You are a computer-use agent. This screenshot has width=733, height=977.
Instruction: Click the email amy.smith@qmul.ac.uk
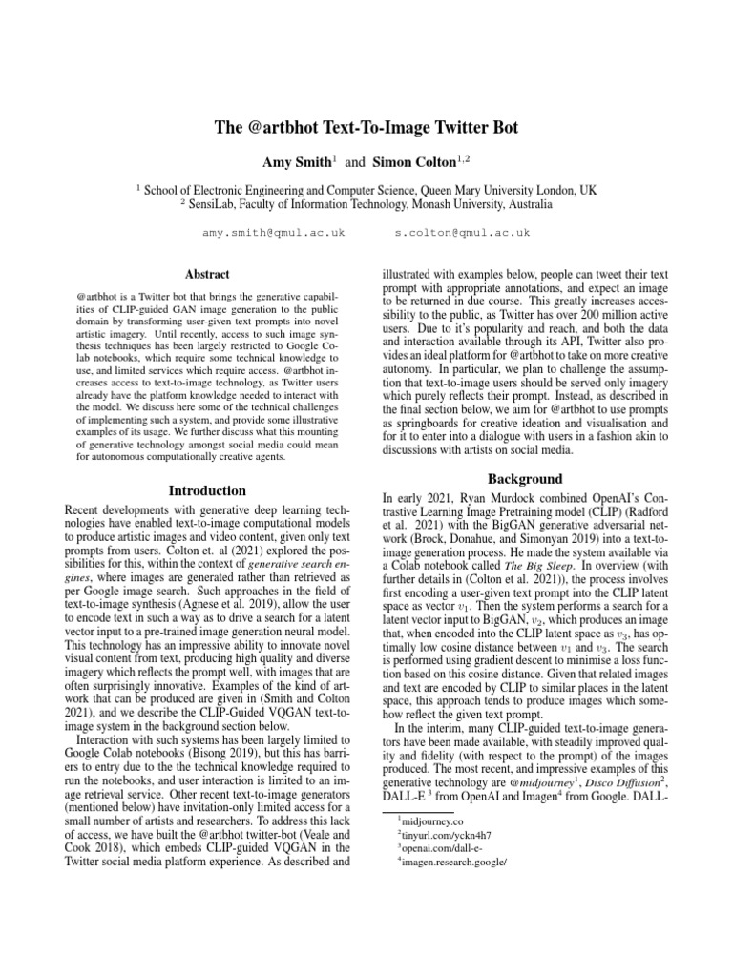(274, 233)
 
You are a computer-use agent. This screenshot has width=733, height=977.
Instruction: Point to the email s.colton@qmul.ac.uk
(461, 233)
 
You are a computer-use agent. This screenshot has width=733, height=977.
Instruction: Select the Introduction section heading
(207, 491)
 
